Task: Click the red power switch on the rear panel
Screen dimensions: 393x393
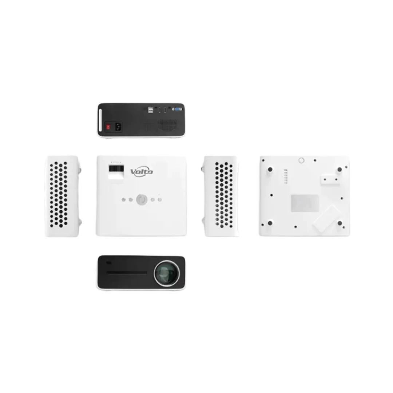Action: [108, 127]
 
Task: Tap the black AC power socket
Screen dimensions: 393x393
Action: [118, 127]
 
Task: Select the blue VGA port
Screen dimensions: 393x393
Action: [178, 109]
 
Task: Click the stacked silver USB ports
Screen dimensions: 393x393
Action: [150, 110]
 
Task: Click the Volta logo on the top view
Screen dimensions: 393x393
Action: [141, 172]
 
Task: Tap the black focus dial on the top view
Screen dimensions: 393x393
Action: [116, 169]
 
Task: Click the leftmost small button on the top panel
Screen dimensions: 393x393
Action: [123, 200]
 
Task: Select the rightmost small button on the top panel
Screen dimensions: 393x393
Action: [160, 200]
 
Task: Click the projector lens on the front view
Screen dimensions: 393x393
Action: [167, 273]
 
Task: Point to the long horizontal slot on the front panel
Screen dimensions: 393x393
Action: [127, 273]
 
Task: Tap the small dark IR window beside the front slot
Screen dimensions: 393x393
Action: [109, 263]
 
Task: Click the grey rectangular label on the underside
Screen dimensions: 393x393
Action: [305, 203]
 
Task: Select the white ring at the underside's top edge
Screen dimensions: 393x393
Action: [301, 160]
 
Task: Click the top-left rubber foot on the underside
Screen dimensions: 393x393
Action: [270, 170]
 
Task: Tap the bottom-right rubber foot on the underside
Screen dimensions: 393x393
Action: [340, 223]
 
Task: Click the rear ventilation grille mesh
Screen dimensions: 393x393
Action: [167, 125]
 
